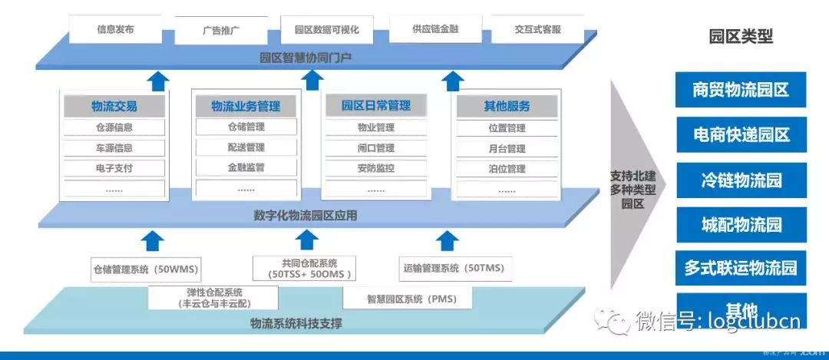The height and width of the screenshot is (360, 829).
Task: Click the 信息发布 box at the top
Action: tap(115, 30)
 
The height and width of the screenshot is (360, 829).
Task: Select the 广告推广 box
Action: tap(223, 31)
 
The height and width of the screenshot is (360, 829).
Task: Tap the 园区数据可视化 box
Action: tap(326, 31)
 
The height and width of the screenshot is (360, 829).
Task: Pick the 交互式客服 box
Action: tap(537, 30)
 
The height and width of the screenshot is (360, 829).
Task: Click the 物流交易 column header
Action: tap(114, 107)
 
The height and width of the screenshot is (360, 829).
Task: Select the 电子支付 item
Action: tap(114, 168)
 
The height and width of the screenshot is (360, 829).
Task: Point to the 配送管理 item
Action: tap(246, 147)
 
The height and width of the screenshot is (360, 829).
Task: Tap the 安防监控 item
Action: tap(376, 168)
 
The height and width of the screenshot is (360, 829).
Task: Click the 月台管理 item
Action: tap(507, 148)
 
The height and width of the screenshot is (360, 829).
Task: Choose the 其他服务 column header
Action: tap(507, 106)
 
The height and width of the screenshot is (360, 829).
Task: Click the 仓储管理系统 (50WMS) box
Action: tap(146, 269)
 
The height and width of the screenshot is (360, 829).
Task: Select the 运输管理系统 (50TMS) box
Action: tap(454, 269)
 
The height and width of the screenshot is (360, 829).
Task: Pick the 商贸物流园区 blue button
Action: tap(741, 90)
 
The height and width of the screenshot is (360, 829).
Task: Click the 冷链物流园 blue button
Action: tap(741, 180)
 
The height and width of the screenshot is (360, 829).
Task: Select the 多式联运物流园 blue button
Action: tap(741, 269)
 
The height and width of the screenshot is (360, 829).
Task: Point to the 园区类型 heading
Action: tap(740, 36)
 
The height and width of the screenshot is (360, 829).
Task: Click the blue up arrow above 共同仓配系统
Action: tap(307, 240)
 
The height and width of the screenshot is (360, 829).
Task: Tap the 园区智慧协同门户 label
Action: tap(306, 57)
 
